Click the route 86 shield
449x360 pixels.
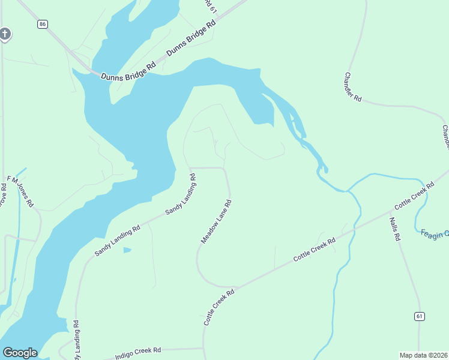[41, 24]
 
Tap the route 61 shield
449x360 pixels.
[420, 316]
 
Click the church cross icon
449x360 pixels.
[5, 34]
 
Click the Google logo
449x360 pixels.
[20, 353]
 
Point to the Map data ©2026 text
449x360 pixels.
[423, 355]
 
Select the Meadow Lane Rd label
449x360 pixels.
[216, 221]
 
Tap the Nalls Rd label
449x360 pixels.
[394, 229]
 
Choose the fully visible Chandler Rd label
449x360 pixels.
[353, 86]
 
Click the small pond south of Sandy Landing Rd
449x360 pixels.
[127, 250]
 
